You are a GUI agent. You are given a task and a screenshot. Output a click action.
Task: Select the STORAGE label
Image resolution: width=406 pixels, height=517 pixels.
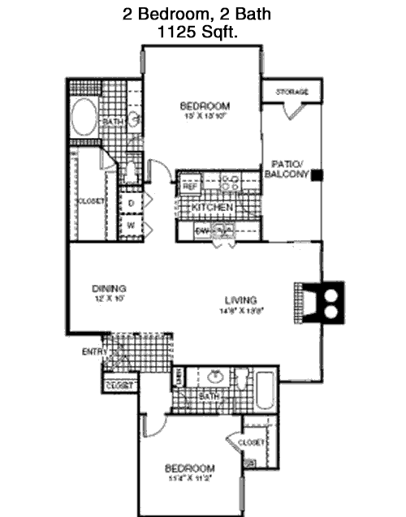point(291,92)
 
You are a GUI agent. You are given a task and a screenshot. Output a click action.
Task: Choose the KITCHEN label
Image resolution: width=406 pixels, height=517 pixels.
point(212,209)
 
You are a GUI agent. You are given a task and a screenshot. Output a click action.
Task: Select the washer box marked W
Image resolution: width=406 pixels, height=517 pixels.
point(131,225)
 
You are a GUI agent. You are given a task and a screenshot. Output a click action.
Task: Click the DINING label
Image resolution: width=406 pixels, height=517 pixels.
point(107,287)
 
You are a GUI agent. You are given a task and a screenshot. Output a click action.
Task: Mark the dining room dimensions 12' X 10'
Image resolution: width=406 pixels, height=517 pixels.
point(107,298)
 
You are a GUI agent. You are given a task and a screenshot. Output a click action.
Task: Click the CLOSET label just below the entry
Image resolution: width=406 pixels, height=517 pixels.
point(118,386)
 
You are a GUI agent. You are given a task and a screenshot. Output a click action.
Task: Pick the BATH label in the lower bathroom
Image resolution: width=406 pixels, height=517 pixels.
point(209,396)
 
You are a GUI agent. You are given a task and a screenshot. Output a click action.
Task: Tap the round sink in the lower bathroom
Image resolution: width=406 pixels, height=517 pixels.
point(215,377)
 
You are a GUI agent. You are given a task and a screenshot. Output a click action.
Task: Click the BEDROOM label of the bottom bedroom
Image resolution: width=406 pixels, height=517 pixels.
point(190,468)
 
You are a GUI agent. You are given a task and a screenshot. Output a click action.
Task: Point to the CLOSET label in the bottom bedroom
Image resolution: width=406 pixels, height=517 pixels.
point(252,442)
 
